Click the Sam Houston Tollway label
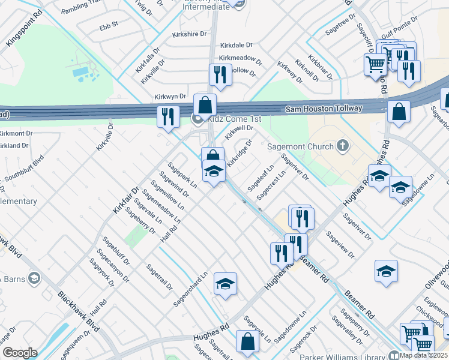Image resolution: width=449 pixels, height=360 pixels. click(324, 109)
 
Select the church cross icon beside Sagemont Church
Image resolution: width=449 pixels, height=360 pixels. click(343, 145)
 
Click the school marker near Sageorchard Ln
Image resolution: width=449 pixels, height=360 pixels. click(225, 284)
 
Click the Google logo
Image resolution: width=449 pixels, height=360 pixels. click(20, 352)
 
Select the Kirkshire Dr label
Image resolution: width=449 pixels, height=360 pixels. click(188, 34)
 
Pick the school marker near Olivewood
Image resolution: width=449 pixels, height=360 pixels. click(386, 272)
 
